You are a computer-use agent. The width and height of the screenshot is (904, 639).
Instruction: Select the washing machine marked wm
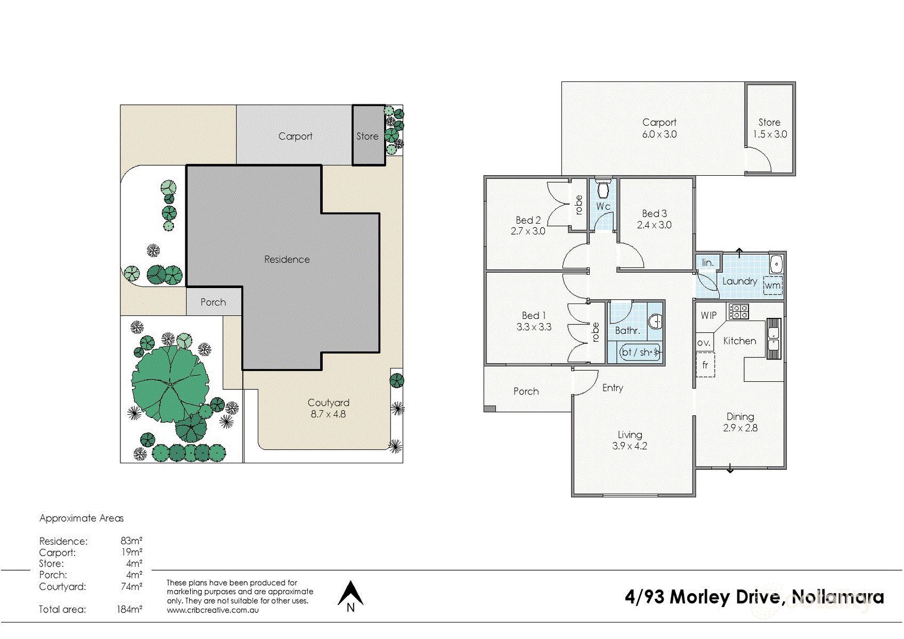pyautogui.click(x=773, y=285)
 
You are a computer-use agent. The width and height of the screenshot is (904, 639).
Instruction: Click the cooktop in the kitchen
pyautogui.click(x=738, y=312)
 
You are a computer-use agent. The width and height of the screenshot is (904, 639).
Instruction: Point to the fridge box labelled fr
pyautogui.click(x=705, y=365)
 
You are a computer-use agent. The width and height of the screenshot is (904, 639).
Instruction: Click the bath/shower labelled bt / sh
pyautogui.click(x=640, y=352)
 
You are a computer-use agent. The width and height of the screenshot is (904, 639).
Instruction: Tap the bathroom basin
pyautogui.click(x=655, y=322)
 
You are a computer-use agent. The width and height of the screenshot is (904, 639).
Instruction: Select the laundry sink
pyautogui.click(x=776, y=264)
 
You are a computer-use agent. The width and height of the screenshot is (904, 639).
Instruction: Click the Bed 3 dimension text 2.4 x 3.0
pyautogui.click(x=654, y=225)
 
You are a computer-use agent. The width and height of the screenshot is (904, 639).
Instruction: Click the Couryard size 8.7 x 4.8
pyautogui.click(x=328, y=414)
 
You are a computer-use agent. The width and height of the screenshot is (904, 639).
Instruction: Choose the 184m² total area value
pyautogui.click(x=129, y=609)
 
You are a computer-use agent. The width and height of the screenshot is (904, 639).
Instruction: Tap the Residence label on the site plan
pyautogui.click(x=287, y=259)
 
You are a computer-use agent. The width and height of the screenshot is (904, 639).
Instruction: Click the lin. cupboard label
pyautogui.click(x=707, y=263)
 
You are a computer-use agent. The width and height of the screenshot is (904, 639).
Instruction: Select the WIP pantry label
pyautogui.click(x=708, y=315)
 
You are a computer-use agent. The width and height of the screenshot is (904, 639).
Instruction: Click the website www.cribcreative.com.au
pyautogui.click(x=213, y=610)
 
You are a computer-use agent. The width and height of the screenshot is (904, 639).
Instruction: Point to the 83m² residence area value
pyautogui.click(x=131, y=540)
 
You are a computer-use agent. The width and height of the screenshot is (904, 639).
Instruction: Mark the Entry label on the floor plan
pyautogui.click(x=613, y=388)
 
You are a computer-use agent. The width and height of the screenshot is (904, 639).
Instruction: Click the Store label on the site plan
pyautogui.click(x=367, y=136)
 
